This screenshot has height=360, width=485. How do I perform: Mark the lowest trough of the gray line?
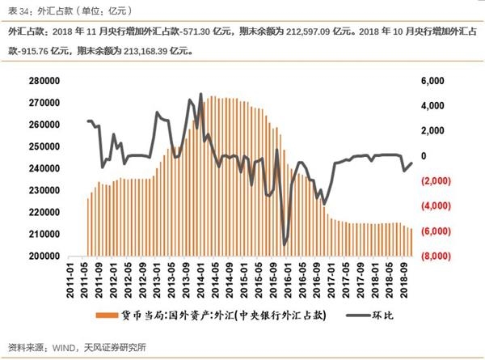pyautogui.click(x=285, y=244)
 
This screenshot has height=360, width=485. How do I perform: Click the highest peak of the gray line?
pyautogui.click(x=200, y=95)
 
